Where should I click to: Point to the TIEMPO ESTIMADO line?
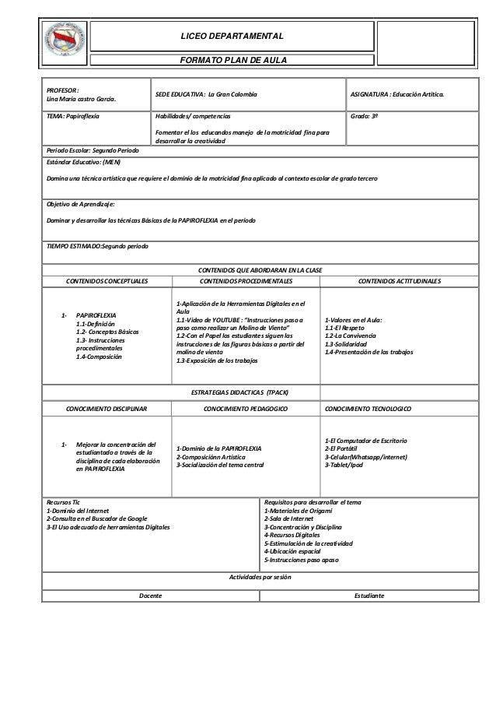tap(97, 245)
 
